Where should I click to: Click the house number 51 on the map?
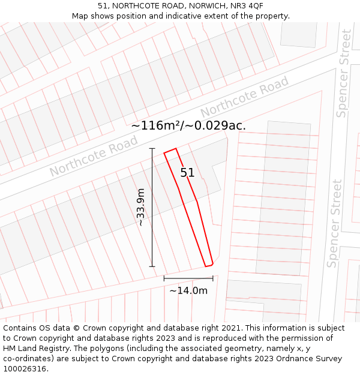(187, 173)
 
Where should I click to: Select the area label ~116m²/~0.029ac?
(188, 126)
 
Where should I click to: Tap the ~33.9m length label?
(141, 208)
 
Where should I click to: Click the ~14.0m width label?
(188, 291)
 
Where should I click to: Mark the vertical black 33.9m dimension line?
(152, 208)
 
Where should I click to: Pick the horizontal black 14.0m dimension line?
(188, 278)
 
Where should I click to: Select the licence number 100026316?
(25, 369)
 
